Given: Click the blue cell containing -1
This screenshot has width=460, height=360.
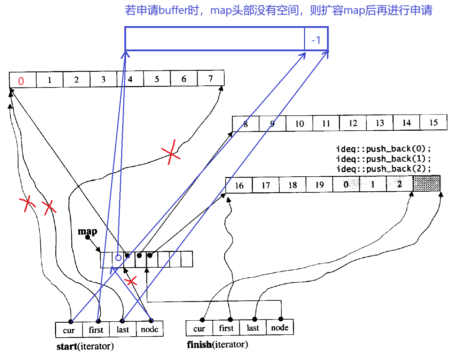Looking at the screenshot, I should point(316,40).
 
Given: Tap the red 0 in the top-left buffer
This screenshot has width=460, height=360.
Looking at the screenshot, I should point(22,81).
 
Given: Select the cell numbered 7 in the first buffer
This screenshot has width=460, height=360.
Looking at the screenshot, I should point(210,79).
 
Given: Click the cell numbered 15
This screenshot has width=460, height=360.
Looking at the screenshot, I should point(433,123).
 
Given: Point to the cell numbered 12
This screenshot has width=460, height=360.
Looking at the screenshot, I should point(353,123).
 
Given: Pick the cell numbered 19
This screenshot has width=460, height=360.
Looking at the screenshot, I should point(319,185).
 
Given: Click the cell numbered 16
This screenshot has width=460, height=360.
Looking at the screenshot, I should point(239,185).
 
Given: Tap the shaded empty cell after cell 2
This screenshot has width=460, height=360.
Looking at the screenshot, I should point(427,183).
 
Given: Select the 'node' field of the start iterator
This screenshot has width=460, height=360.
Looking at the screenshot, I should point(149,329).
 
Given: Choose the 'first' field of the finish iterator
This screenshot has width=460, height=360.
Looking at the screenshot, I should point(226,328).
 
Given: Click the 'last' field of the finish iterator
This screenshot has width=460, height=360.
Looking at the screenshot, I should point(253,328).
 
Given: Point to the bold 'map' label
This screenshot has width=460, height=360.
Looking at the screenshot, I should point(87,231).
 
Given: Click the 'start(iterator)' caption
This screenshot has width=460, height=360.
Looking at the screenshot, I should point(85,346).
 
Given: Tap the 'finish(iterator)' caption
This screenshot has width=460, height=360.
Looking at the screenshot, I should point(217,345).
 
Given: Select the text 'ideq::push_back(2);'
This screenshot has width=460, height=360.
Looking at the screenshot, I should point(383,169).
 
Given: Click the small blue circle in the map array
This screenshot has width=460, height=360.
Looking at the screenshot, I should point(118,258).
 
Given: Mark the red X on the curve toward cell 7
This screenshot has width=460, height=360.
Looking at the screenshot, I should point(171,153).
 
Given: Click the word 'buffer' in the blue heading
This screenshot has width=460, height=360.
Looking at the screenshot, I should point(173,10).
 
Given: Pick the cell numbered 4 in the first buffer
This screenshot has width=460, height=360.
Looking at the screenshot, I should point(130,79).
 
